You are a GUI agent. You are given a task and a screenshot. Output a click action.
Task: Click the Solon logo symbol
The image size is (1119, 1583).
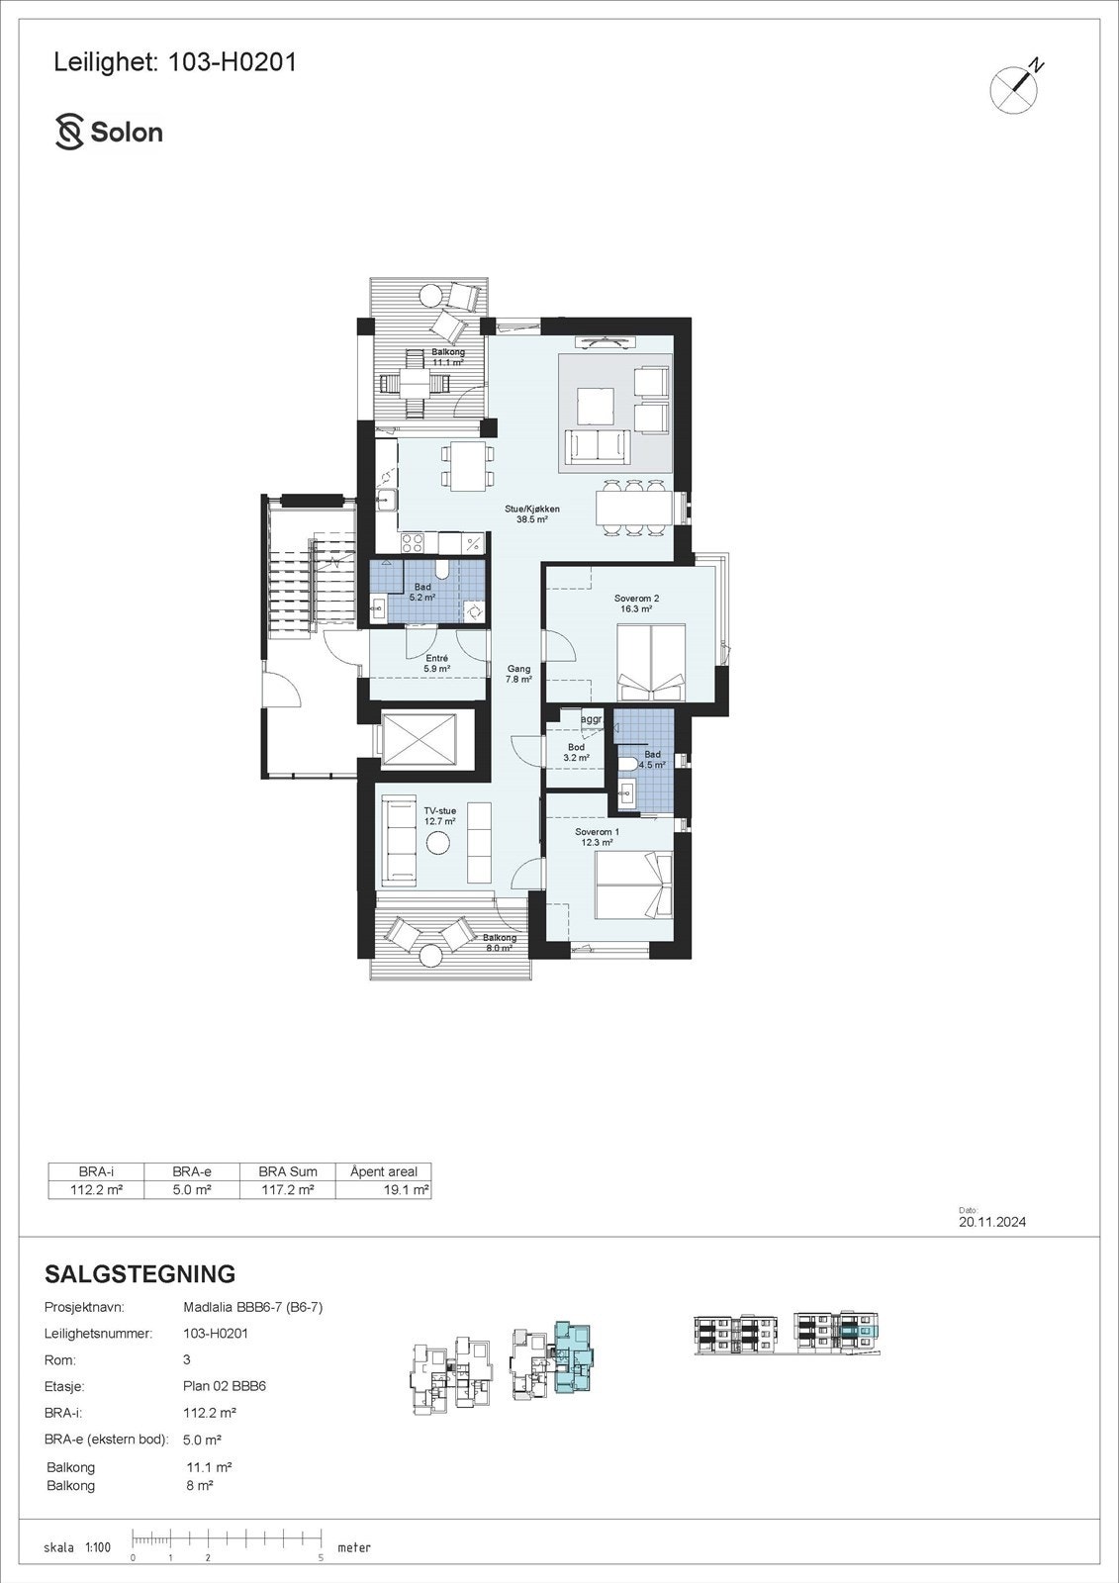point(69,132)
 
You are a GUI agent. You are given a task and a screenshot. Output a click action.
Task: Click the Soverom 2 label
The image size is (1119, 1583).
point(636,604)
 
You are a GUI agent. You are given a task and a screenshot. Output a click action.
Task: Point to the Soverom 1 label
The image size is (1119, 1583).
point(597,837)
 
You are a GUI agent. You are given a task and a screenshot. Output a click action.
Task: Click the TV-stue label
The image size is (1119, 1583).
point(440,815)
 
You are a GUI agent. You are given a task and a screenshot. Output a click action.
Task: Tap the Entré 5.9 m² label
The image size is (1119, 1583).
point(437,663)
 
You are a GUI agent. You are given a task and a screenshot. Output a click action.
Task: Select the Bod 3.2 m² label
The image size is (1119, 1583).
point(576,752)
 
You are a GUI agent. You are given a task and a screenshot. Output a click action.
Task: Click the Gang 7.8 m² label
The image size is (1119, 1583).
point(519,674)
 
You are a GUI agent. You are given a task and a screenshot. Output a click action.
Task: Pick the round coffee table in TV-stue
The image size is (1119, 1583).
point(438,843)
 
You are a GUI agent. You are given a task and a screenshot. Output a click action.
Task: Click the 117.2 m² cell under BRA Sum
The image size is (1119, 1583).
point(287,1190)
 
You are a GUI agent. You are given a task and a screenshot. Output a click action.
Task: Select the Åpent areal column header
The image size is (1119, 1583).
point(384,1171)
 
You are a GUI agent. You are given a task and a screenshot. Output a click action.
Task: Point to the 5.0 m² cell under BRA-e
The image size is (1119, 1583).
point(191,1190)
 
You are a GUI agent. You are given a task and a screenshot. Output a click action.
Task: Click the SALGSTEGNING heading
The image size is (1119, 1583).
point(140,1273)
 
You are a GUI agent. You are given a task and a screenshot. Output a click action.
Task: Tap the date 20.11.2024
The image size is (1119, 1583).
point(992,1222)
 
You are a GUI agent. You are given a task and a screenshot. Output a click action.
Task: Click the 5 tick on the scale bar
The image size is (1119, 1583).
point(322,1557)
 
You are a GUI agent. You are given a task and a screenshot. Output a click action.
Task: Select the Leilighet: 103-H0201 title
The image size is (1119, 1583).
point(174,62)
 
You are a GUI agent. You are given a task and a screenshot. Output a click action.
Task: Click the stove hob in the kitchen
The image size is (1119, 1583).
point(413,542)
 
